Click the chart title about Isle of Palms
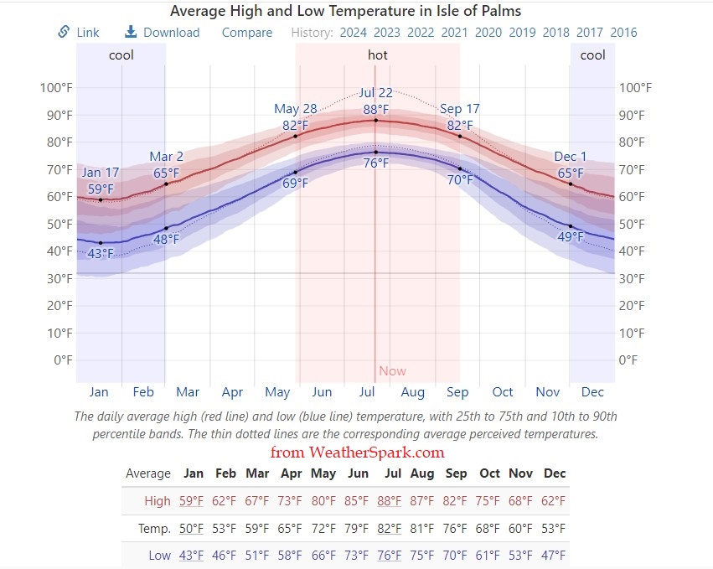pos(345,11)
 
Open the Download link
pos(162,33)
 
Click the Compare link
pos(246,33)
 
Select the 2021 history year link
pos(454,33)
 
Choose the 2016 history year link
pos(623,33)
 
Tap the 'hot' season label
pos(377,55)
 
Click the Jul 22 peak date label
pos(375,93)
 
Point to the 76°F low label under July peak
pos(375,163)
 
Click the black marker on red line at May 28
pos(295,136)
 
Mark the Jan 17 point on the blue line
pos(101,243)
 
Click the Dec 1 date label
pos(571,157)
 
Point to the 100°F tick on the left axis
pos(55,88)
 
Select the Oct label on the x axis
pos(503,392)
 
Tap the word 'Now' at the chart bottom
pos(392,371)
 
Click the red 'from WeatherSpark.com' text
pos(357,453)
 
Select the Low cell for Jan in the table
pos(192,556)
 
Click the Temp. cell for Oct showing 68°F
pos(489,529)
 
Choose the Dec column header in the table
pos(555,473)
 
